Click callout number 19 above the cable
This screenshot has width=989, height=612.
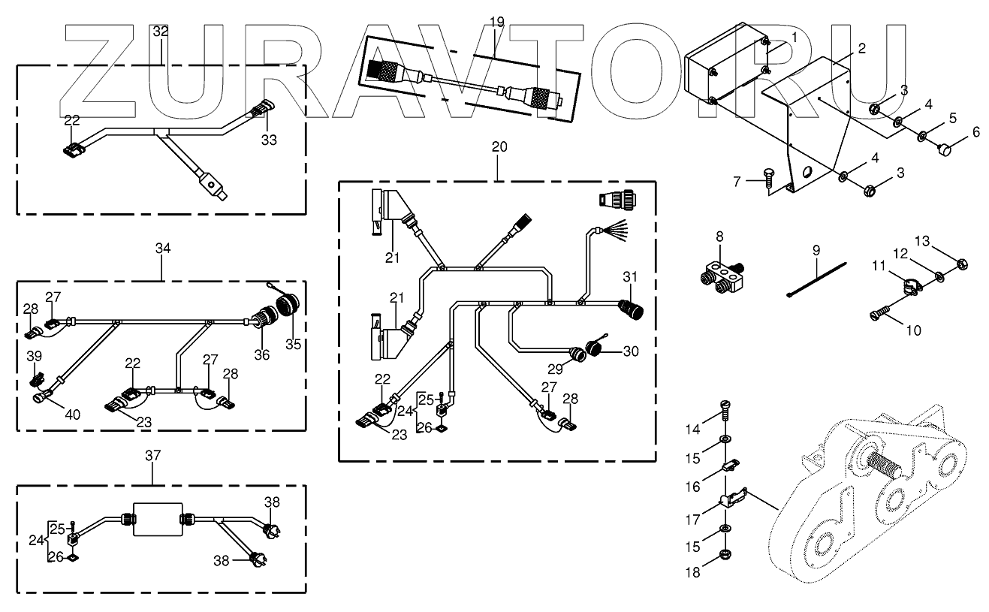pos(496,22)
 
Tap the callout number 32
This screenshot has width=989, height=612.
pos(161,32)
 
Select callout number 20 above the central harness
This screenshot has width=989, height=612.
pos(499,146)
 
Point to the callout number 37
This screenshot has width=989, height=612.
pos(152,455)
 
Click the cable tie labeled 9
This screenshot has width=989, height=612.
pos(817,280)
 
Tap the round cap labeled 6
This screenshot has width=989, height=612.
pos(944,149)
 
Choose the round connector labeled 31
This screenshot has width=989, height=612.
pos(631,309)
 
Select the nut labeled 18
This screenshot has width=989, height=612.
pos(724,555)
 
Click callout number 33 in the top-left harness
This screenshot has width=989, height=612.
pos(269,140)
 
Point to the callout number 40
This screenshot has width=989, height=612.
pos(72,415)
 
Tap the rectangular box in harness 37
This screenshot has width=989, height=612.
pos(158,520)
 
